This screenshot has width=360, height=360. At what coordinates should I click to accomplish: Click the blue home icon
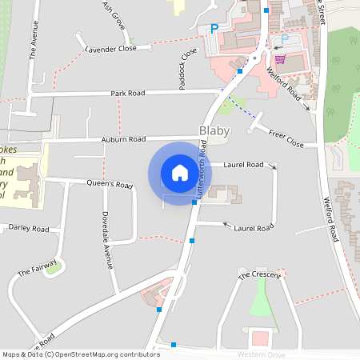tap(180, 172)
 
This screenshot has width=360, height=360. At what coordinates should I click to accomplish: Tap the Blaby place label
tap(214, 130)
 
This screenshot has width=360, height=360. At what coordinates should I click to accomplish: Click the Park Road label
tap(129, 94)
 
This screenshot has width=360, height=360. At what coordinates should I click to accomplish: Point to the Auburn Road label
tap(122, 139)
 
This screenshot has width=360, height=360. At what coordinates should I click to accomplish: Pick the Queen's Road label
tap(110, 184)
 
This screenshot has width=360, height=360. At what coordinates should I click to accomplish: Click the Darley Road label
tap(29, 229)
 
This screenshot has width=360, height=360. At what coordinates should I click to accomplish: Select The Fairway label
tap(38, 267)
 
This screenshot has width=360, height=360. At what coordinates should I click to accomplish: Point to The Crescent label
tap(259, 275)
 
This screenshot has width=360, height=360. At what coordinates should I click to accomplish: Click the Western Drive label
tap(261, 354)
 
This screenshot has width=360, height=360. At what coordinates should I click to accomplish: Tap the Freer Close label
tap(286, 138)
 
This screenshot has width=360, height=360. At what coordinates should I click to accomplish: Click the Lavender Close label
tap(111, 49)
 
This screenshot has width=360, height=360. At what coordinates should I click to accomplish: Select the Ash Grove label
tap(114, 14)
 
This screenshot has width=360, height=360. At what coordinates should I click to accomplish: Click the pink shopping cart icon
tap(280, 58)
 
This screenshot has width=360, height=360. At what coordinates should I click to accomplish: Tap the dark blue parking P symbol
tap(214, 28)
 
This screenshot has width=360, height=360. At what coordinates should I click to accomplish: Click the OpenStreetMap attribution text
tap(81, 354)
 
